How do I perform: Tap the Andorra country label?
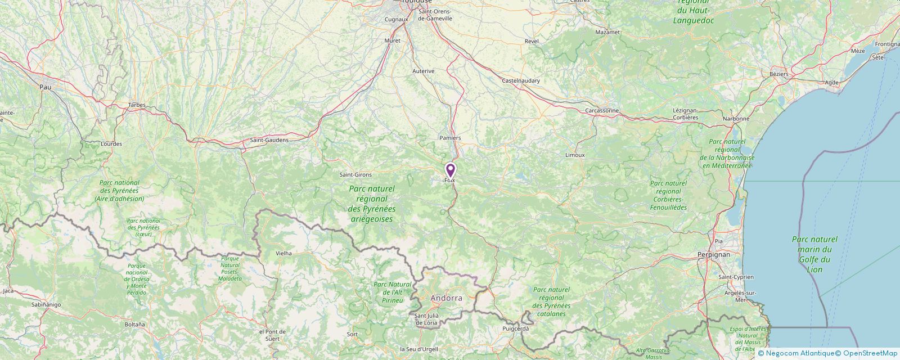(446, 298)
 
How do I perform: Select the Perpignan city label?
(713, 254)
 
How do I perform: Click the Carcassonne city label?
(602, 110)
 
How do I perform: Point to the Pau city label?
(45, 87)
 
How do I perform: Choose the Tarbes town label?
(137, 105)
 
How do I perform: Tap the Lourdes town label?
(111, 144)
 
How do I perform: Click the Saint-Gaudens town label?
(269, 140)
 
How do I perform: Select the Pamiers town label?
(450, 138)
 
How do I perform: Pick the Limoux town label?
(575, 155)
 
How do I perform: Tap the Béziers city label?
(779, 74)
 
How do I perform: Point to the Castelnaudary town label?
(520, 81)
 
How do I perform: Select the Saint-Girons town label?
(355, 175)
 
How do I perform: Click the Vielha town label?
(283, 254)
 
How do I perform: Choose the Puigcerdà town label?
(516, 328)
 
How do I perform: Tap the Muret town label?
(392, 41)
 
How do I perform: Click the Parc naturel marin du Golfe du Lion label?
(814, 254)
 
